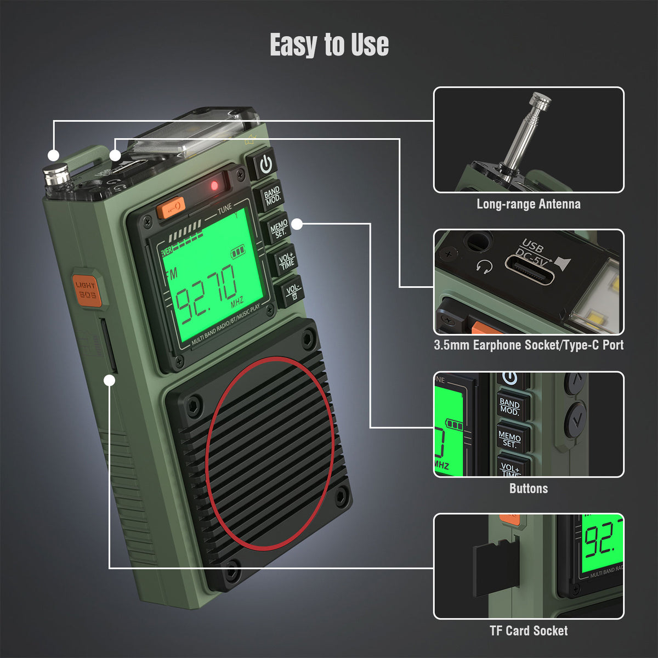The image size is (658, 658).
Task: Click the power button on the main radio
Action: (x=265, y=163)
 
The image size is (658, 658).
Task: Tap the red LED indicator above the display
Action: (x=214, y=186)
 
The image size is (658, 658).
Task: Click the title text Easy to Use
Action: (x=329, y=45)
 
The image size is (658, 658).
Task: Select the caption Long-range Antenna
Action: (x=528, y=204)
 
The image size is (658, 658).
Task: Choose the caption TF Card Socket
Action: (x=528, y=631)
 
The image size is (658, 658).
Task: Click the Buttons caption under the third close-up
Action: (x=528, y=488)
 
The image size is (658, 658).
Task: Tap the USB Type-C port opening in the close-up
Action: (x=530, y=273)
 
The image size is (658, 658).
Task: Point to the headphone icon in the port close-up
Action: (x=484, y=267)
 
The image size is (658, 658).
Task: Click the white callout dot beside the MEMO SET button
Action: (x=297, y=224)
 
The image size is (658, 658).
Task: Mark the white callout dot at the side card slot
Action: (x=110, y=379)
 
